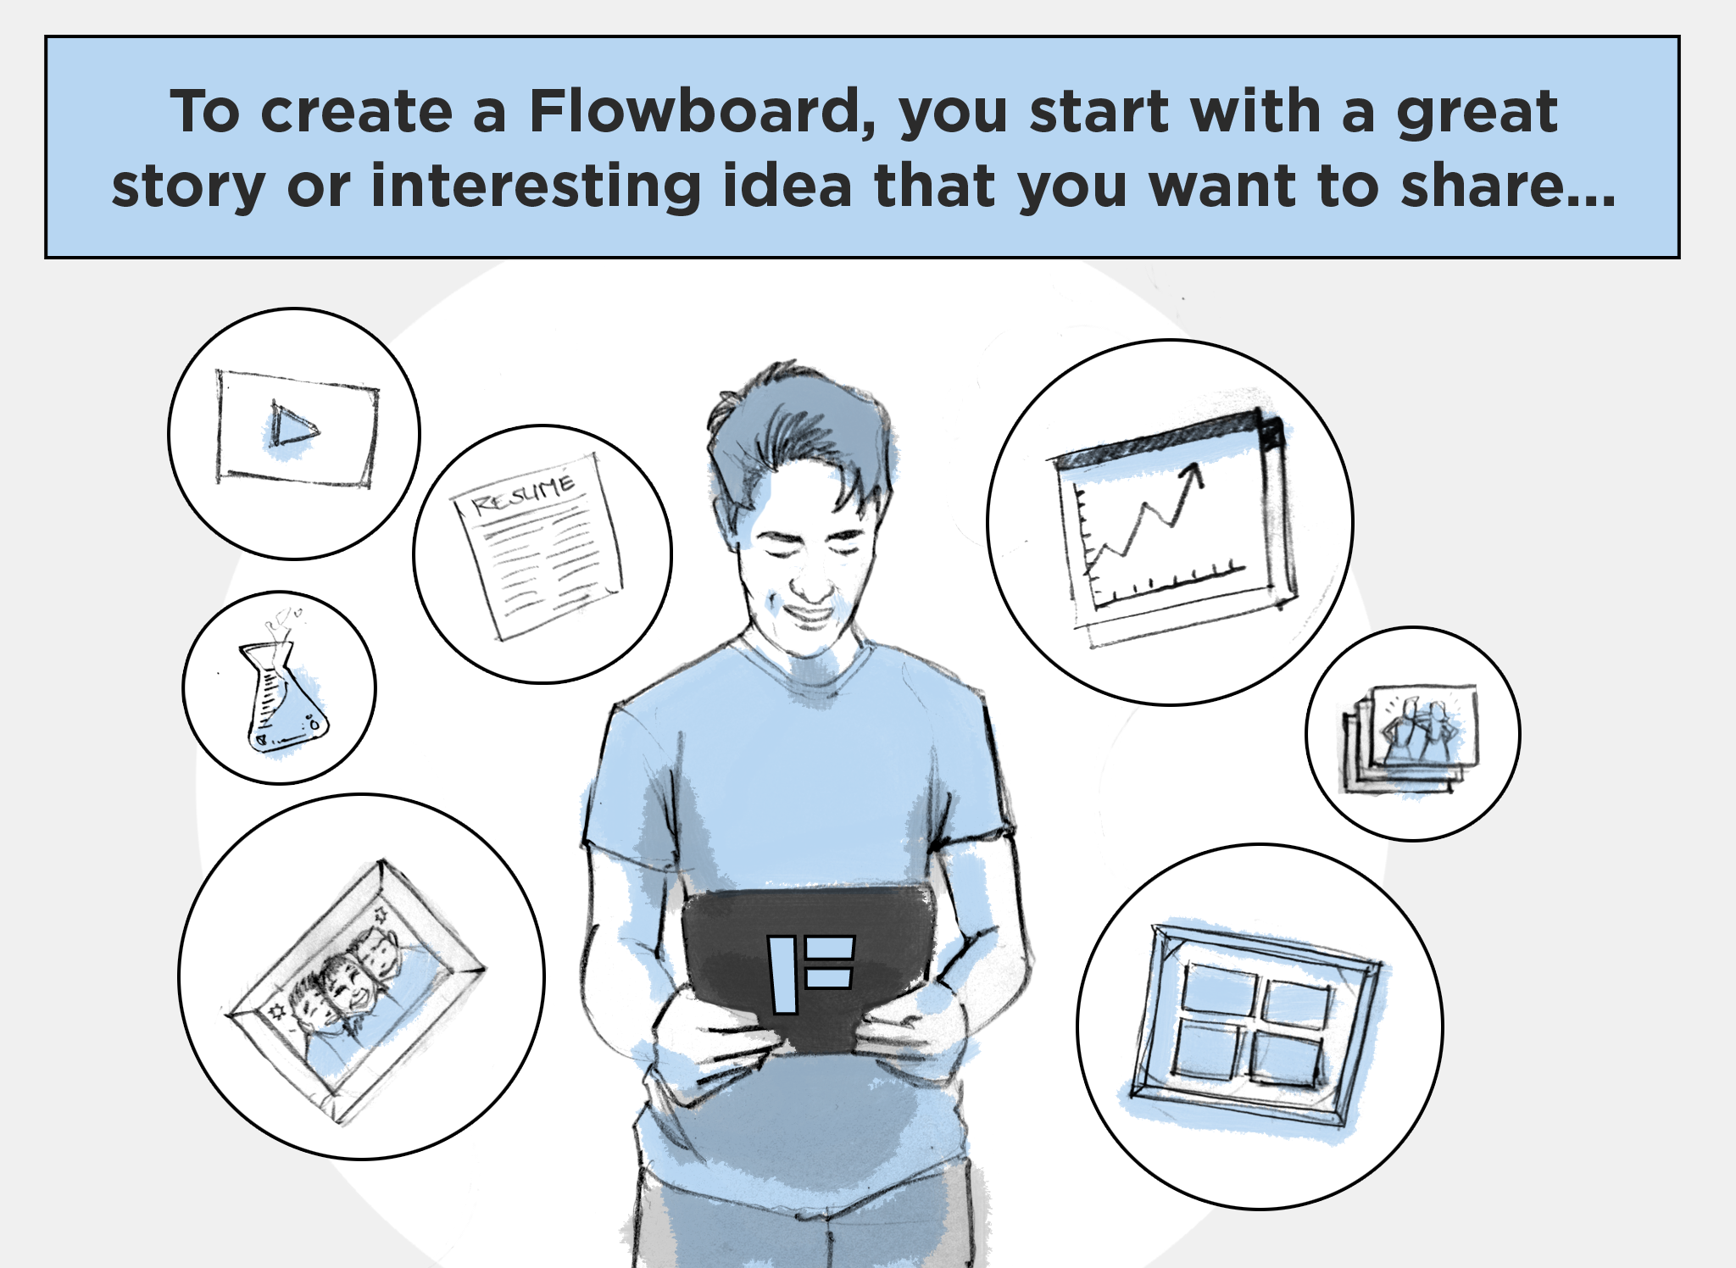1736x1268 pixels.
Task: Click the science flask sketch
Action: point(283,691)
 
